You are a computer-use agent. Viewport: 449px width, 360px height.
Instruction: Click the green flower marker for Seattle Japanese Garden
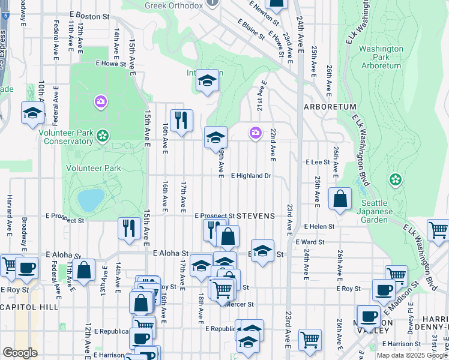tap(395, 179)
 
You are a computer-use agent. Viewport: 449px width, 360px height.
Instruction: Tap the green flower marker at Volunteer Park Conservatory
tap(103, 135)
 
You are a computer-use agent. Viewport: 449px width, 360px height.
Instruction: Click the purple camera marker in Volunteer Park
tap(100, 102)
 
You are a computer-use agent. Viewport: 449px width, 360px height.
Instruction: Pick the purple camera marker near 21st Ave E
tap(256, 132)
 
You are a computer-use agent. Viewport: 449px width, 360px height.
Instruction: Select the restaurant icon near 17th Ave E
tap(181, 121)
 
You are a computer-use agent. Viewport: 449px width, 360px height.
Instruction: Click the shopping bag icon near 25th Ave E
tap(340, 199)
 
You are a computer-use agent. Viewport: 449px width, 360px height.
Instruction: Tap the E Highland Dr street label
tap(252, 176)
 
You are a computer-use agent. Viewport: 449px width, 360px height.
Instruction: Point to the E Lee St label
tap(318, 162)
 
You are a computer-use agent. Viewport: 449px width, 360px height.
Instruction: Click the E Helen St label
tap(319, 227)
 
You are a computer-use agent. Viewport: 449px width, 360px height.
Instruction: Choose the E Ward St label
tap(310, 242)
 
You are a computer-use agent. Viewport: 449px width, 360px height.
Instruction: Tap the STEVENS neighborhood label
tap(256, 215)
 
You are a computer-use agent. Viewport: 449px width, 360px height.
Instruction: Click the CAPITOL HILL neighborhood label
tap(29, 307)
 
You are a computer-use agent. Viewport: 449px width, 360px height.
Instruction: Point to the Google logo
tap(20, 353)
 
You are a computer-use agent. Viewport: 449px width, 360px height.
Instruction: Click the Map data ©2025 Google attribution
tap(412, 355)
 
